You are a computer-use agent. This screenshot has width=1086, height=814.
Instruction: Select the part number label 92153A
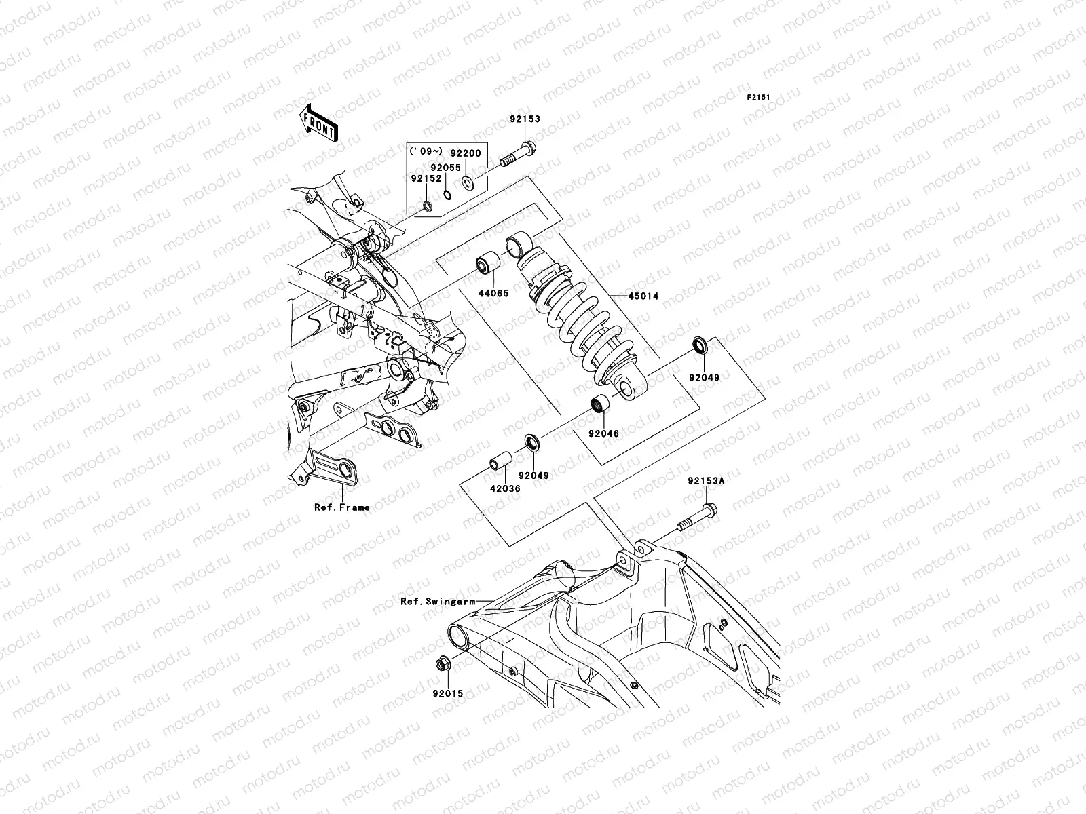(x=706, y=481)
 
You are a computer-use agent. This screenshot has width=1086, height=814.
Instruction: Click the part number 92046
(x=603, y=433)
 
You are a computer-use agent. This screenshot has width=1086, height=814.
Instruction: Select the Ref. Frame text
(x=341, y=507)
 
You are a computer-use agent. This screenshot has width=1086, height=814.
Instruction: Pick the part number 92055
(x=445, y=167)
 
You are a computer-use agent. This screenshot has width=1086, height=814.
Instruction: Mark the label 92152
(x=426, y=179)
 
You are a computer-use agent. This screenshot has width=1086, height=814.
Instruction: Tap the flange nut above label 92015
(x=440, y=664)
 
